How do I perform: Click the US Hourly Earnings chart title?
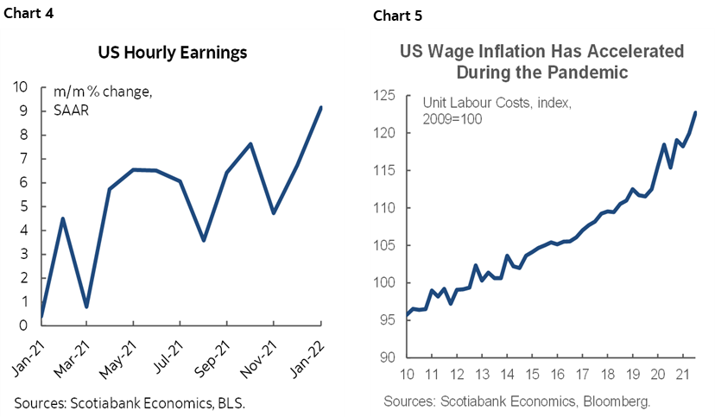coord(172,53)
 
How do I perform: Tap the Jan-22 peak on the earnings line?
coord(320,107)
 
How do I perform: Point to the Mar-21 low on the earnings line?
coord(86,306)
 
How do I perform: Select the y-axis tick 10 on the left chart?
coord(21,86)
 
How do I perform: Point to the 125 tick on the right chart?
coord(385,95)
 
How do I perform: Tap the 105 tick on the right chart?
coord(385,245)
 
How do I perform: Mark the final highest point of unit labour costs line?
coord(696,112)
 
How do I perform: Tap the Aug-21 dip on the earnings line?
coord(204,240)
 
